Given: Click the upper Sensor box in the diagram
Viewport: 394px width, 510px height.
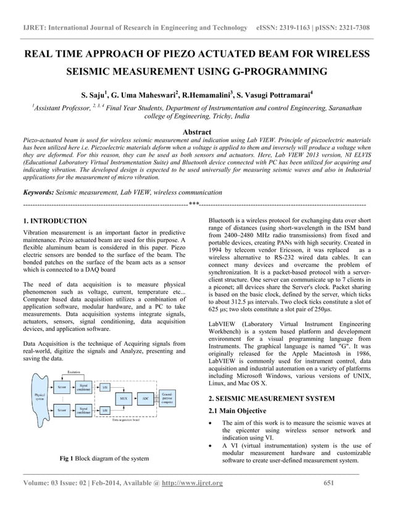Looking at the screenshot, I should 61,386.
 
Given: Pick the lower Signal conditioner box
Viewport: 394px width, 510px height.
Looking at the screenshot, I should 86,409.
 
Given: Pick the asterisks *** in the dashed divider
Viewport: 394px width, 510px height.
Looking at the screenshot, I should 193,204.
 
